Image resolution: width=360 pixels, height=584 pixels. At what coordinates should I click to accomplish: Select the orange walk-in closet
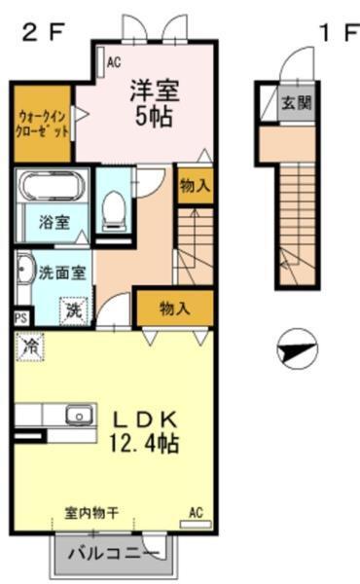click(x=43, y=125)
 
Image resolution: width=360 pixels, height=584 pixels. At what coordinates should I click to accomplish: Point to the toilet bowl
click(x=115, y=207)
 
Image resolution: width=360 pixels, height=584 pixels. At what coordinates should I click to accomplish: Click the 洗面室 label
click(x=59, y=272)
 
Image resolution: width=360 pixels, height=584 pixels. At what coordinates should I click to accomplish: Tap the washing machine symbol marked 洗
click(x=74, y=310)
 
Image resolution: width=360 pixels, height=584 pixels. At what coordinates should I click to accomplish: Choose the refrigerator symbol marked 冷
click(x=31, y=346)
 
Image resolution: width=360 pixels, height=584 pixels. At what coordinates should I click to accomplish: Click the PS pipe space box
click(x=20, y=317)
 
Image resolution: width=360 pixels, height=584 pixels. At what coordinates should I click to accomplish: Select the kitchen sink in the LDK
click(x=77, y=416)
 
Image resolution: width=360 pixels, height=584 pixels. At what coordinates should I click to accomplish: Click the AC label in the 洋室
click(x=113, y=63)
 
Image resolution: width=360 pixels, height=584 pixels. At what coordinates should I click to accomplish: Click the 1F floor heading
click(x=336, y=32)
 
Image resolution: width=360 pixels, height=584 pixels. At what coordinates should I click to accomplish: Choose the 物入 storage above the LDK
click(x=174, y=309)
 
